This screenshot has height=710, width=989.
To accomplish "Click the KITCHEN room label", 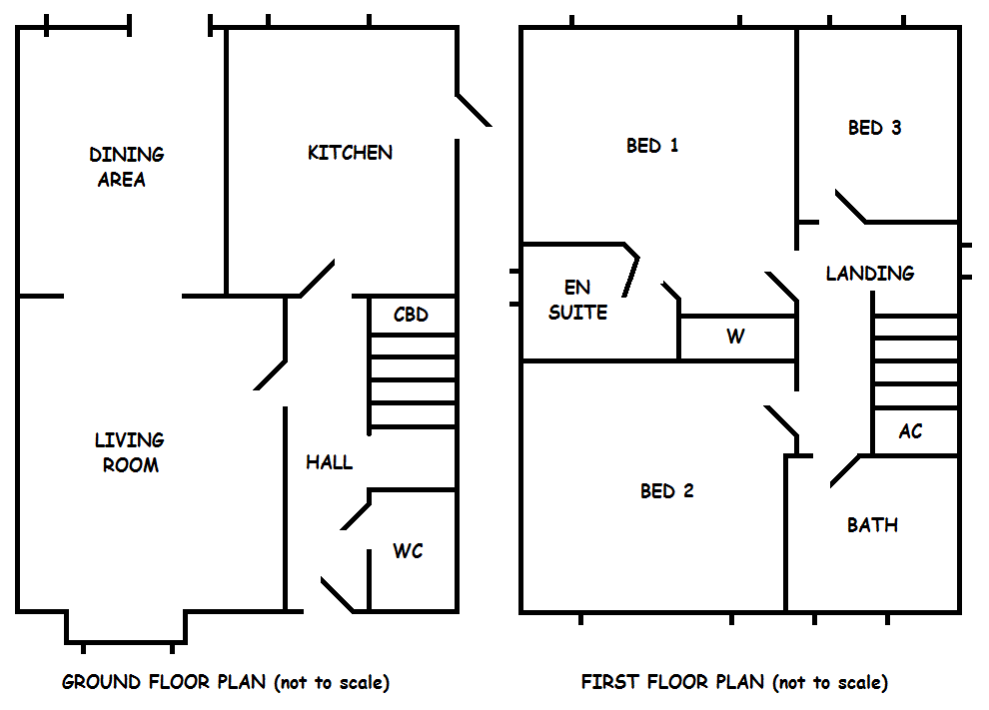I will tap(350, 153).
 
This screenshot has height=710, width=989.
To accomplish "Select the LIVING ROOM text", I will tap(130, 452).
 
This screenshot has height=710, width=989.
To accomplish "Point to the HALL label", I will tap(329, 462).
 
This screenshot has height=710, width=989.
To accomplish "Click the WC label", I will tap(408, 551).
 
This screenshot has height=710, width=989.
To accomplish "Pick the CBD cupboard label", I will tap(411, 315).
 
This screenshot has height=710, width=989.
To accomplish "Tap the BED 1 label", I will tap(652, 146).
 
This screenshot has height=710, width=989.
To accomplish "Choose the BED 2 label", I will tap(666, 491).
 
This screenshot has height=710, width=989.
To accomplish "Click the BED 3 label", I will tap(874, 128).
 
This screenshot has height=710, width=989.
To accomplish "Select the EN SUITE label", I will tap(577, 300).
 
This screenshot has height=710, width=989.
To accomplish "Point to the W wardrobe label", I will tap(735, 337).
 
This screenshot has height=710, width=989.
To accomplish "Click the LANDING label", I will tap(869, 273).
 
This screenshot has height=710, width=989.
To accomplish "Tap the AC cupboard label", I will tap(910, 431).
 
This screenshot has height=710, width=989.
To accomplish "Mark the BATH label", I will tap(872, 524).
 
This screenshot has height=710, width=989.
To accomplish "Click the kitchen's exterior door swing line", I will tap(474, 111).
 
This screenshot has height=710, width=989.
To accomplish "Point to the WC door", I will tap(356, 514).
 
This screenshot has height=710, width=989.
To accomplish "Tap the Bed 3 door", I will tap(850, 206).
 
